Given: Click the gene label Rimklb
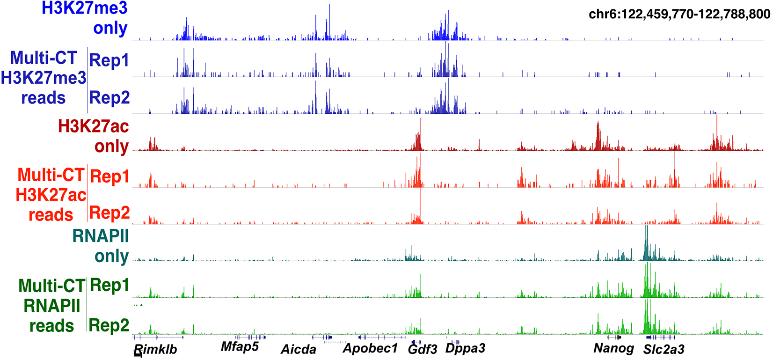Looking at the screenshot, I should [x=156, y=350].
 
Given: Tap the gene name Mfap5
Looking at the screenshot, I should [x=240, y=347].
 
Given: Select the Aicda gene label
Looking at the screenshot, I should [x=299, y=349].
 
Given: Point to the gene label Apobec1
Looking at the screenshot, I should [x=370, y=348].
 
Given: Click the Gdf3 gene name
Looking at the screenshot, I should [x=423, y=349].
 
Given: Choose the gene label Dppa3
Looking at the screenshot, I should [x=465, y=348].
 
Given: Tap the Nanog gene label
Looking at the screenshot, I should [x=614, y=348].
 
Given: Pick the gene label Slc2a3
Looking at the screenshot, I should [x=664, y=349].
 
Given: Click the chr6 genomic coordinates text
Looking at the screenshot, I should [x=679, y=15].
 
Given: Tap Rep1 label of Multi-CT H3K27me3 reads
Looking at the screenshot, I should [x=109, y=60].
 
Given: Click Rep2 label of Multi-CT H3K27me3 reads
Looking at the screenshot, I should [x=109, y=97].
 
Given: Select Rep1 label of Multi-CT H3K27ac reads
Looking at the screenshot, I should [x=109, y=176].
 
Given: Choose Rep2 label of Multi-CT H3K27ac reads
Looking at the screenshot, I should [x=109, y=213].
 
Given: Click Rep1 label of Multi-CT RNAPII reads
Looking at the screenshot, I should [x=109, y=285].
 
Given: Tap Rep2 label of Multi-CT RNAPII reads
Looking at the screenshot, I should [x=109, y=325].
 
